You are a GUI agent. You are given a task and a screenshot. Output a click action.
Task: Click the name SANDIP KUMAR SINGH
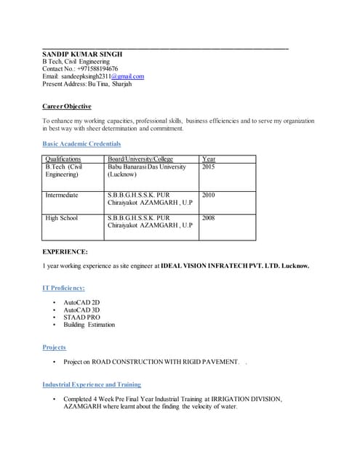[82, 54]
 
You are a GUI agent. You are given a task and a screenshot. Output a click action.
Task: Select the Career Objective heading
[66, 107]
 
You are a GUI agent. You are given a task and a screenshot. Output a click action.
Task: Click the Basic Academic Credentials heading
[81, 144]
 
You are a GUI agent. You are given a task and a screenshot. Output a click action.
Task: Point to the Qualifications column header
[63, 158]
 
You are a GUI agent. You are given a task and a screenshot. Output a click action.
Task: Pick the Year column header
[209, 158]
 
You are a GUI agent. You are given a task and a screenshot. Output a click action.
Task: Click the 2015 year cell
[209, 166]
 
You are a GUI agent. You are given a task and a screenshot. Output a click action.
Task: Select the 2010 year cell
[209, 195]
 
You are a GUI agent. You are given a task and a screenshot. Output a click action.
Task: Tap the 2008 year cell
[209, 218]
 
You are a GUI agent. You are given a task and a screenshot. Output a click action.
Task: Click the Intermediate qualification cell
[62, 195]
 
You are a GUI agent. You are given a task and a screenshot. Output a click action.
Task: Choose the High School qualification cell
[61, 218]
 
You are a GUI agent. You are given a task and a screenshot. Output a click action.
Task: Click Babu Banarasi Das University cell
[147, 166]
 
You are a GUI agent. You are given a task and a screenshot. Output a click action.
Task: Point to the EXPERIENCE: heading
[65, 251]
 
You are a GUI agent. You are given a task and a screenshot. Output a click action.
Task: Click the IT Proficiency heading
[68, 288]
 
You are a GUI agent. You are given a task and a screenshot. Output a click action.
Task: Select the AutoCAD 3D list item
[81, 310]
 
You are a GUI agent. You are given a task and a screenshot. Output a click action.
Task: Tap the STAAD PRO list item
[82, 318]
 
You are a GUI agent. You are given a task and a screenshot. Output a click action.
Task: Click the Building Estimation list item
[89, 325]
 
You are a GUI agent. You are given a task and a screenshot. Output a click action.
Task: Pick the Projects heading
[55, 347]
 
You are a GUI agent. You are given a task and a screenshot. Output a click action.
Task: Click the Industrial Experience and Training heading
[92, 384]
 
